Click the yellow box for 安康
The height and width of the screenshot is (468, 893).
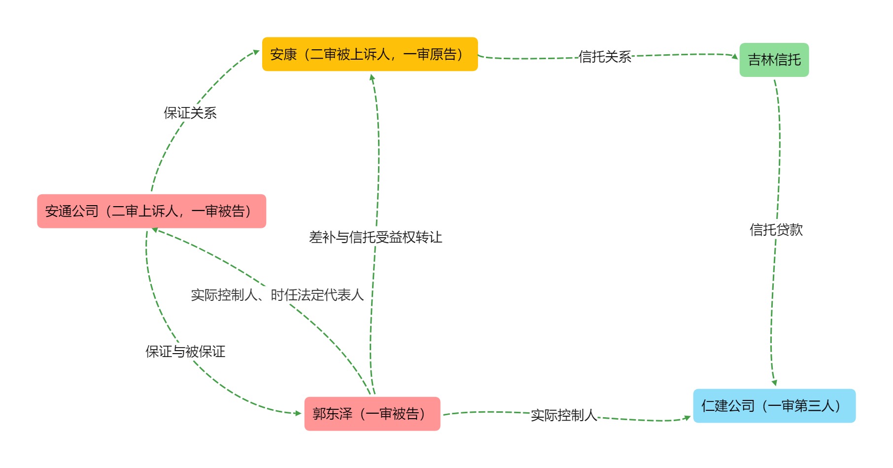coord(370,54)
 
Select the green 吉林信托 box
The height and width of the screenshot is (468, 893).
coord(774,60)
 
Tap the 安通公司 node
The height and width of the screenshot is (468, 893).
coord(151,211)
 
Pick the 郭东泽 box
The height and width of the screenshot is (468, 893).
coord(372,414)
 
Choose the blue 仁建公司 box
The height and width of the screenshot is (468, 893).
coord(774,406)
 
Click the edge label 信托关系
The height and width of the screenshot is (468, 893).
coord(605,57)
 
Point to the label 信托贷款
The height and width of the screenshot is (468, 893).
coord(776,229)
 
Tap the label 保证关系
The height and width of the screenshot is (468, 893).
coord(190,113)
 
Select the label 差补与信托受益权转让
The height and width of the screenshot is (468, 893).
coord(376,237)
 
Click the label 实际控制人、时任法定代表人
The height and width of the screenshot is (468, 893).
coord(277,295)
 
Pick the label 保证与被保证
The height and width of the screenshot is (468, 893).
coord(185,352)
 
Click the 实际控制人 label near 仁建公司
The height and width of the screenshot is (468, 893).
coord(564,415)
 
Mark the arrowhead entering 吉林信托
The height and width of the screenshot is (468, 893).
coord(735,56)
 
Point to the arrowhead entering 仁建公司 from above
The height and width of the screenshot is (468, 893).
coord(774,383)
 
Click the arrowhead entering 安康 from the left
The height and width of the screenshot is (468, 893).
coord(256,51)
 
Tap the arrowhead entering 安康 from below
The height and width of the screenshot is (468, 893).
coord(372,77)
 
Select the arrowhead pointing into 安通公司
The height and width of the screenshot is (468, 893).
coord(155,230)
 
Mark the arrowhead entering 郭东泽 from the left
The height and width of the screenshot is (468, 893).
coord(298,413)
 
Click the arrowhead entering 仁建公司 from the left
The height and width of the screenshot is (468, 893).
coord(687,418)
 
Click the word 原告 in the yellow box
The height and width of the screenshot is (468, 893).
coord(443,54)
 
